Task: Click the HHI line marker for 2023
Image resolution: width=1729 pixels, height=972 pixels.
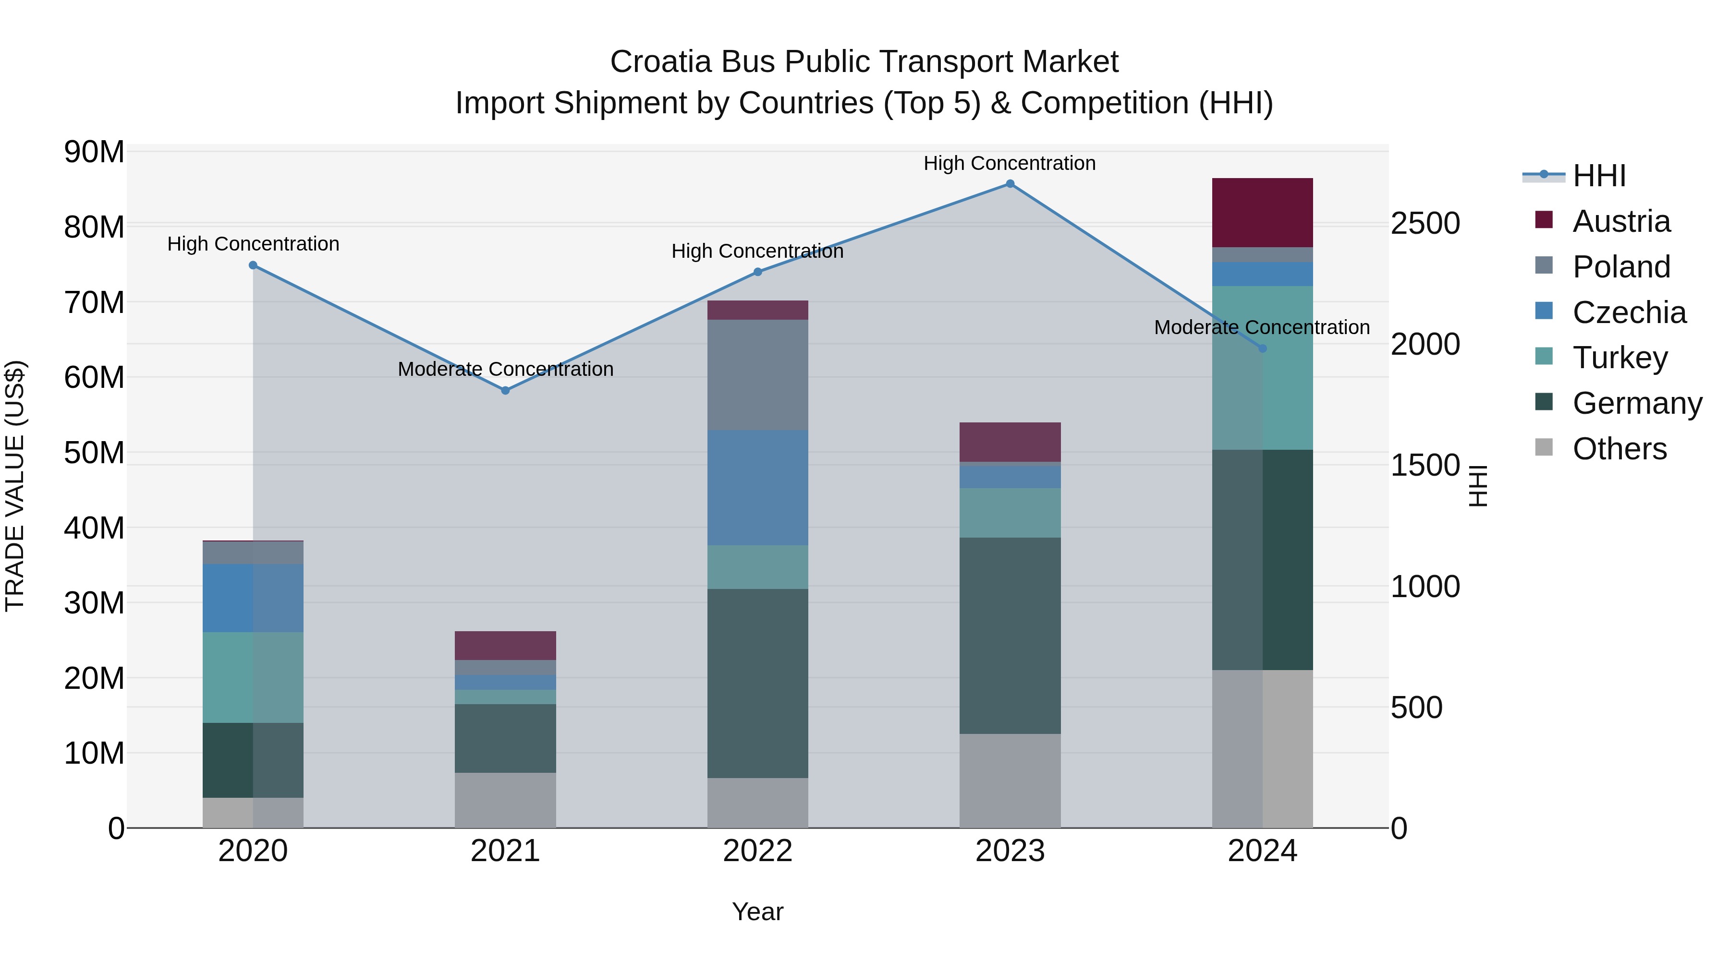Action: (1010, 184)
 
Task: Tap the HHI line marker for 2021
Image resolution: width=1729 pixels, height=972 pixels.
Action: (505, 390)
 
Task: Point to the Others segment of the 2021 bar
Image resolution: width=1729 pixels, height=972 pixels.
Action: (505, 800)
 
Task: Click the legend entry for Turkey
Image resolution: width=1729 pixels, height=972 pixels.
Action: (1619, 358)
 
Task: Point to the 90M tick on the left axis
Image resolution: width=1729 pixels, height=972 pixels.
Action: (94, 152)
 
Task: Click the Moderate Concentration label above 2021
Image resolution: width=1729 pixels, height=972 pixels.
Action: (505, 369)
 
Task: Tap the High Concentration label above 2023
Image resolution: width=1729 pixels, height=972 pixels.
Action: (1010, 163)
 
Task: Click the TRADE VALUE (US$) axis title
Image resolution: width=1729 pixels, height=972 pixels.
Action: (15, 486)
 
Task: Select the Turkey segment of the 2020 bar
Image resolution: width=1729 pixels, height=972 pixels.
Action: (253, 677)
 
